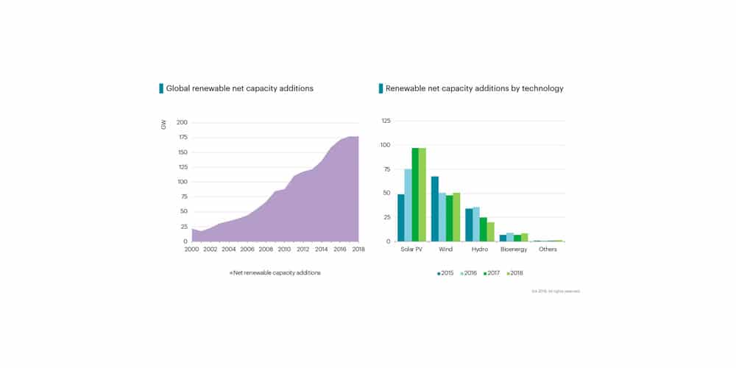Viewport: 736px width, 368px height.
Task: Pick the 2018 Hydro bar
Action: pyautogui.click(x=491, y=232)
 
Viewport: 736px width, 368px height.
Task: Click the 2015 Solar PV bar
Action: pyautogui.click(x=401, y=218)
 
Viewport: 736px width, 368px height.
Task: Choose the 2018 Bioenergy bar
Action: pyautogui.click(x=525, y=237)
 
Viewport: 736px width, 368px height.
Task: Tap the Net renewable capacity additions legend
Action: pyautogui.click(x=276, y=273)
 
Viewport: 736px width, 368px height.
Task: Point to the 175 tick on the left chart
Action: pyautogui.click(x=183, y=138)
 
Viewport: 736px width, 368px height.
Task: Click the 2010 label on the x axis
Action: pyautogui.click(x=284, y=250)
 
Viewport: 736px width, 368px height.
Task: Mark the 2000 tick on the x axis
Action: pyautogui.click(x=191, y=250)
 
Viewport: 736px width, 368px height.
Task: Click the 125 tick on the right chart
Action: pyautogui.click(x=386, y=121)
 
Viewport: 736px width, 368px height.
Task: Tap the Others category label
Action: pyautogui.click(x=548, y=250)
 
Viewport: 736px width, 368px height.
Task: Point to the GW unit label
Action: pyautogui.click(x=163, y=125)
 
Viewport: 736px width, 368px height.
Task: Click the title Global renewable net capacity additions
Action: pyautogui.click(x=239, y=88)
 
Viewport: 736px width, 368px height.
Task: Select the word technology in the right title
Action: pyautogui.click(x=539, y=88)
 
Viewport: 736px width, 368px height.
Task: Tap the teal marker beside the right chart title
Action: pyautogui.click(x=381, y=88)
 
